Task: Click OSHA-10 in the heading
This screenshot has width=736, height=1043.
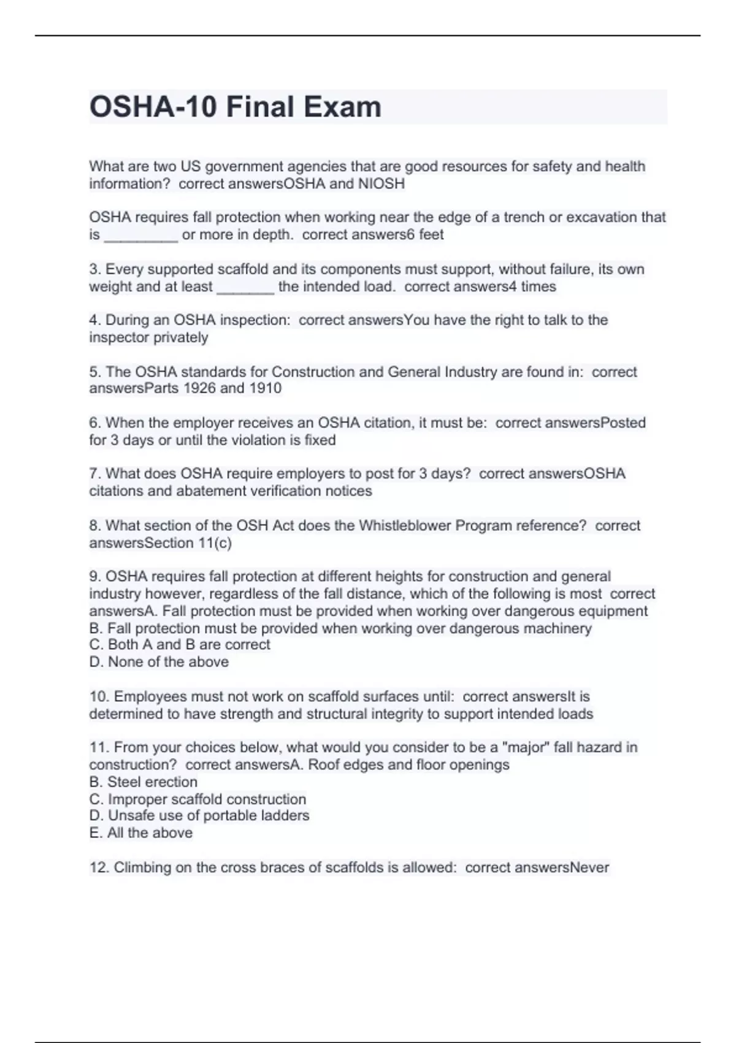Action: pos(153,107)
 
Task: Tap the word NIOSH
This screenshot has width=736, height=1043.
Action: pos(381,183)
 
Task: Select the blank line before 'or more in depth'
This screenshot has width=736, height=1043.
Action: pos(141,236)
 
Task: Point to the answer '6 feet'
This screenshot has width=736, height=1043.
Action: pos(423,234)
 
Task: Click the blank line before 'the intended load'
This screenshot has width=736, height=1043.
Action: pos(245,288)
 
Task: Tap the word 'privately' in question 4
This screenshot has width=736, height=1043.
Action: pos(180,337)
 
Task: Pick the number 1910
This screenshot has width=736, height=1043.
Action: pos(265,388)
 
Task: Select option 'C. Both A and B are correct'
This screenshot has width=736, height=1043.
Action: pos(180,645)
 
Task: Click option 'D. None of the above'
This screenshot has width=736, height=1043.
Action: pos(159,662)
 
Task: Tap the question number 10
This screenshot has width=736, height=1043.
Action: pos(99,697)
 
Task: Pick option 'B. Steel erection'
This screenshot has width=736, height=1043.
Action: pos(144,782)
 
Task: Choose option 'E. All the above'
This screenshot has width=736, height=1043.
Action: pos(141,833)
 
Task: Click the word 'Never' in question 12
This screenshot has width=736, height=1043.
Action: pos(589,868)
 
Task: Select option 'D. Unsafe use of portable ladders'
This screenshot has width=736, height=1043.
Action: pos(199,816)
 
